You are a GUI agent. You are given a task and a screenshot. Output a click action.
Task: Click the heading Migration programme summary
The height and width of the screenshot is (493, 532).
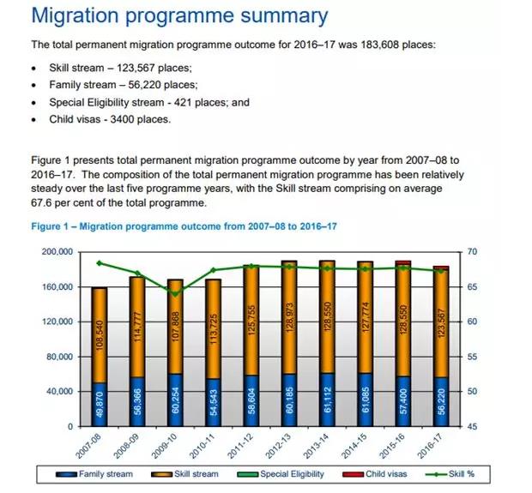[178, 16]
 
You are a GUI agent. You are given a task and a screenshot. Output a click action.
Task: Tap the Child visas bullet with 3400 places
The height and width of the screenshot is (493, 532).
[109, 119]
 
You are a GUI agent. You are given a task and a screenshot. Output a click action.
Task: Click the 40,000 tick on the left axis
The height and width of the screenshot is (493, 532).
[58, 392]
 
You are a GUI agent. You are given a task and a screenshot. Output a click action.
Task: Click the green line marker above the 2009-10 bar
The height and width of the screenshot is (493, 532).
[175, 294]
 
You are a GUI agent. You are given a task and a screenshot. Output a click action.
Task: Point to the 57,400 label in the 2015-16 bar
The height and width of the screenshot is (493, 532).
[402, 402]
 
